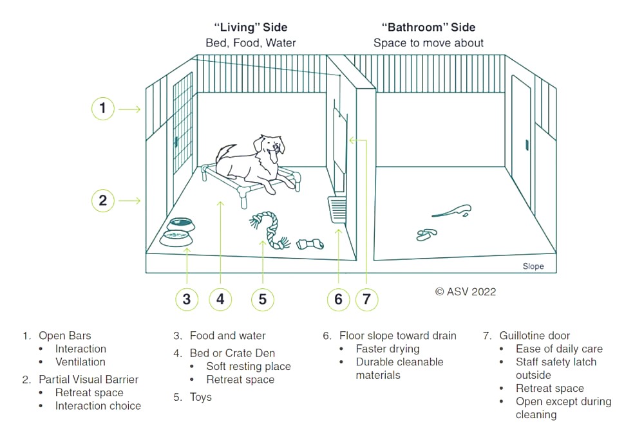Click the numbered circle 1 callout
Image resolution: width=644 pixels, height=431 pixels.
102,108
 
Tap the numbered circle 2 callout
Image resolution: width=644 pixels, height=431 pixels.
102,201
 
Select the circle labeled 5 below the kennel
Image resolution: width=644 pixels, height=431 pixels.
263,299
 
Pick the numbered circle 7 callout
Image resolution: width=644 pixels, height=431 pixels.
366,299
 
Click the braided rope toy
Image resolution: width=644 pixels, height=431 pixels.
269,230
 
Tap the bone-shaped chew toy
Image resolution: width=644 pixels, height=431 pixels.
310,244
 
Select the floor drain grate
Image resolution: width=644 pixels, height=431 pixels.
337,210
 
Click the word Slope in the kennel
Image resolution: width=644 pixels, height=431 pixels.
533,266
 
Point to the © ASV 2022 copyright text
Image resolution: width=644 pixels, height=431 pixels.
466,291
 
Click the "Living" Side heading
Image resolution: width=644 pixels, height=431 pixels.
251,28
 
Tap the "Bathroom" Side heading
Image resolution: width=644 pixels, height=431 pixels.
428,28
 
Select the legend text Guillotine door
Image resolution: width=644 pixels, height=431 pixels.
535,335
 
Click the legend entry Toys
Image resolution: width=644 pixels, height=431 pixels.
200,397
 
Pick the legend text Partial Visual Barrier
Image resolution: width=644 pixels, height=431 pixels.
88,380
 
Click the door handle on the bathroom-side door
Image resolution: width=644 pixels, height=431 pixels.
527,145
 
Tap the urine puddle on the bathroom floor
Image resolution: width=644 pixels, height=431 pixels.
452,211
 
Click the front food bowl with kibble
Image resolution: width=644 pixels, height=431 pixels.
176,239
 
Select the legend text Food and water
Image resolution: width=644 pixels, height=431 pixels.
227,335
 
